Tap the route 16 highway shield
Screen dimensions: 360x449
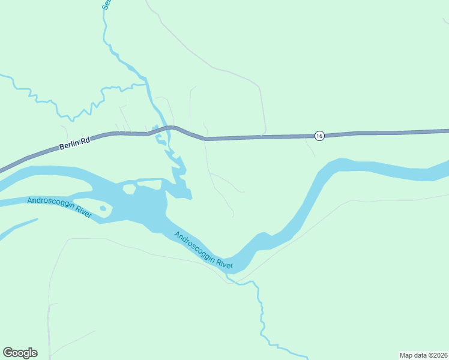[319, 136]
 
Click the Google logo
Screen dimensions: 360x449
[20, 353]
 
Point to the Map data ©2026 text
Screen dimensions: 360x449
[423, 355]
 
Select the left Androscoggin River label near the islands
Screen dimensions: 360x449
[59, 208]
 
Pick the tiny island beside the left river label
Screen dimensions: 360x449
[103, 209]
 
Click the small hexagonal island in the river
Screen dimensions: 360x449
[129, 190]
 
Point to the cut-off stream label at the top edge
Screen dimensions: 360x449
[106, 4]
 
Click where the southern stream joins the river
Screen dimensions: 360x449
[231, 277]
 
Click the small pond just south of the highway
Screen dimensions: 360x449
[160, 142]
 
